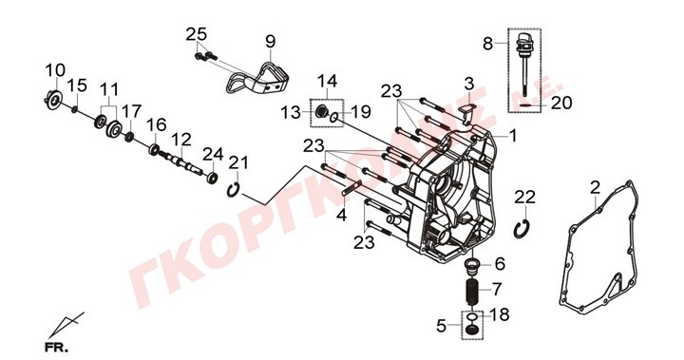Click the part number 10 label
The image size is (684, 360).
[x=55, y=70]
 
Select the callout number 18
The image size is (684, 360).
[x=500, y=314]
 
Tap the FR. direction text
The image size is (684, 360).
[x=57, y=349]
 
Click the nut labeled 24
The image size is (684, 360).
[x=213, y=178]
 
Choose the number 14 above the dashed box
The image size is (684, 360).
[x=327, y=81]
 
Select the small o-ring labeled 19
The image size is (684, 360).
[x=333, y=117]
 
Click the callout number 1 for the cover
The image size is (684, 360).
[x=513, y=136]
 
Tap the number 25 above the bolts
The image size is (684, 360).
[x=196, y=34]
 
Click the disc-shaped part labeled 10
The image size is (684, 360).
[x=54, y=101]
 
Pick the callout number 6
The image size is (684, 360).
[x=500, y=263]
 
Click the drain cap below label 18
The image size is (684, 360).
[x=472, y=330]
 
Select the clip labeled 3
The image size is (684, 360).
[x=466, y=110]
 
